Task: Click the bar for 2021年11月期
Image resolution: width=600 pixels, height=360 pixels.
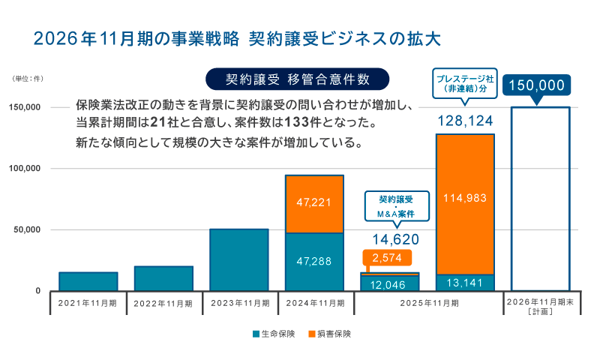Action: (88, 280)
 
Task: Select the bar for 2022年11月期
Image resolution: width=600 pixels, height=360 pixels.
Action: (163, 277)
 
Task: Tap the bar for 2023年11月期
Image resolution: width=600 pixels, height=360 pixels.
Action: (239, 259)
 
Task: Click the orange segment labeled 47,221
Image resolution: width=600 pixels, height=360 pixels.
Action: (314, 203)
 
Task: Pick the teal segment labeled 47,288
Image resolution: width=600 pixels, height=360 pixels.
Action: (314, 261)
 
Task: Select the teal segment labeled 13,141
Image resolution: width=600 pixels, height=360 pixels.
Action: (465, 282)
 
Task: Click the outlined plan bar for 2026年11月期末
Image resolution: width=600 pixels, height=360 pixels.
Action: (540, 199)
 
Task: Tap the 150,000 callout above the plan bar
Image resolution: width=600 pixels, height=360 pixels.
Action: (536, 85)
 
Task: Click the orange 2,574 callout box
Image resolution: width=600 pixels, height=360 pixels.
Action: (388, 259)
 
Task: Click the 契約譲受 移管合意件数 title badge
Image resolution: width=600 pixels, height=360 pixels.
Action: (298, 79)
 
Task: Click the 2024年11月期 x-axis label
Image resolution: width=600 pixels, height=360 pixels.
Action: (314, 304)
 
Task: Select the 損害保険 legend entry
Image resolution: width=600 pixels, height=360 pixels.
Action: (330, 333)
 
